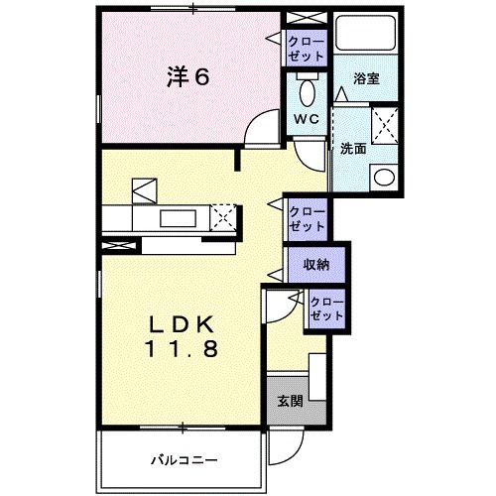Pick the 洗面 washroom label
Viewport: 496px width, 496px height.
coord(354,149)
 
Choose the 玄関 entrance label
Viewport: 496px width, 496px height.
coord(289,402)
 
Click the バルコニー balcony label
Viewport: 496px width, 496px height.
coord(185,458)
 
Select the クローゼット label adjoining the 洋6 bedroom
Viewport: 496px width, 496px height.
coord(303,48)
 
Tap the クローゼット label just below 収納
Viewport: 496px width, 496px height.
coord(325,309)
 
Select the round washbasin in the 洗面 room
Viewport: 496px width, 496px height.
coord(381,178)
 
